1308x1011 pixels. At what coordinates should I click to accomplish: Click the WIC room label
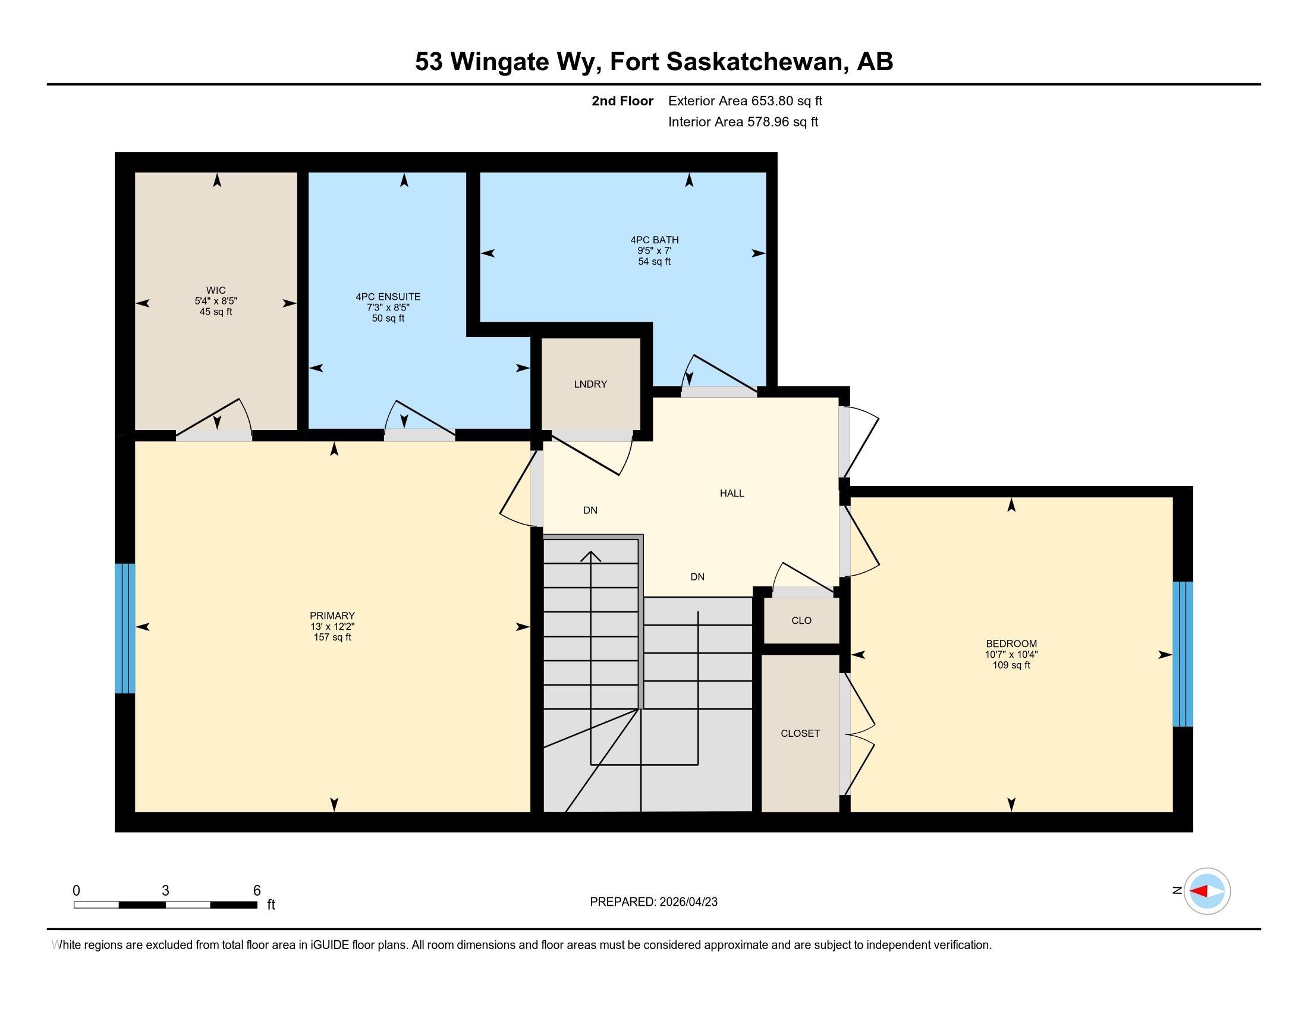coord(216,290)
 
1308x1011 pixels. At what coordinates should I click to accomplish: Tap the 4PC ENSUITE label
coord(388,297)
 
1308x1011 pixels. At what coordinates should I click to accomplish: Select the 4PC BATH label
coord(654,240)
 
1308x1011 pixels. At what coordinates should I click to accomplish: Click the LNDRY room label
coord(590,385)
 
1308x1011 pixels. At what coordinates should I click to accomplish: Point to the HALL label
coord(732,494)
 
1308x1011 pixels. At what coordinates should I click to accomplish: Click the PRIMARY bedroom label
coord(332,616)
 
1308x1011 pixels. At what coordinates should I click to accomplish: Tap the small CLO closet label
coord(801,620)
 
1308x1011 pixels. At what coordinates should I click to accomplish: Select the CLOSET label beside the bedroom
coord(800,734)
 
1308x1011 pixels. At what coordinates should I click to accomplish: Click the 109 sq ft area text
coord(1011,665)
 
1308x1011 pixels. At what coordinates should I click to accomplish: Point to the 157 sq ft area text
coord(332,638)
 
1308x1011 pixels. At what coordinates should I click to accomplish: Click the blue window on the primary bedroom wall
coord(125,628)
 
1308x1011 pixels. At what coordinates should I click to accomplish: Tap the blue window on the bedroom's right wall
coord(1183,654)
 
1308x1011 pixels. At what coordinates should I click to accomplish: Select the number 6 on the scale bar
coord(257,891)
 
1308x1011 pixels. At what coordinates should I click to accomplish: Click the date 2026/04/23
coord(688,902)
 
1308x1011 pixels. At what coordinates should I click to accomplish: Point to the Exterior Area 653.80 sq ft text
coord(745,101)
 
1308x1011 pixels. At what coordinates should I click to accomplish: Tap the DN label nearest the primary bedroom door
coord(590,511)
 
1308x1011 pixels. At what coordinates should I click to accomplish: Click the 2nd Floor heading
coord(622,101)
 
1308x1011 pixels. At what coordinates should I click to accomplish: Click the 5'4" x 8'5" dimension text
coord(216,302)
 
